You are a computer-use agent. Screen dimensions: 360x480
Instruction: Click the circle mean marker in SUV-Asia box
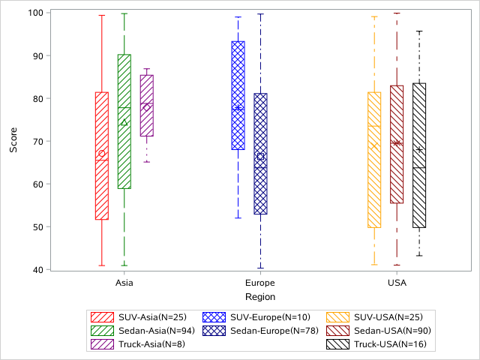coord(102,154)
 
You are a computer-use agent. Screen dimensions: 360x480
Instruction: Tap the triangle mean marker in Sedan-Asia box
coord(124,122)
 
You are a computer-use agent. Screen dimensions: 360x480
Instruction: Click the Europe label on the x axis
coord(260,283)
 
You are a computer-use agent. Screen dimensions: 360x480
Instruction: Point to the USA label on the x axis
coord(397,283)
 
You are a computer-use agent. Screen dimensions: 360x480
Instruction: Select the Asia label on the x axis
coord(124,283)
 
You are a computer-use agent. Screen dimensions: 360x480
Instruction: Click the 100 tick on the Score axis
coord(35,13)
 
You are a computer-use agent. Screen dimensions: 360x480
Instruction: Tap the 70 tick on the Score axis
coord(37,141)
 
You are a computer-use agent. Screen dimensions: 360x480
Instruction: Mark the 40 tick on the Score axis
coord(37,269)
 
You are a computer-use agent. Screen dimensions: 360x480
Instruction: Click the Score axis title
coord(13,141)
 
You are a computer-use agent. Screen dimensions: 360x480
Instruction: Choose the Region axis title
coord(260,297)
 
